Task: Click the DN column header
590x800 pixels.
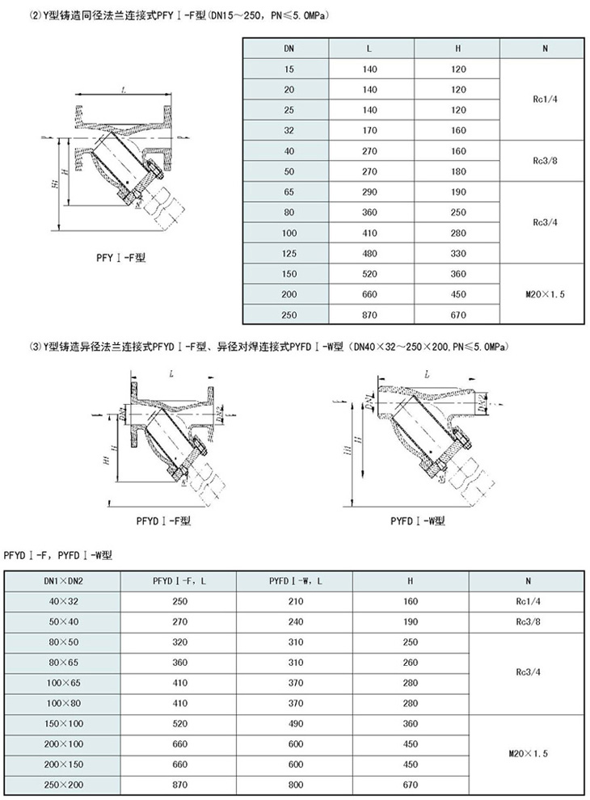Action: pos(289,49)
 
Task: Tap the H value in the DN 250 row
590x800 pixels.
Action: pos(458,314)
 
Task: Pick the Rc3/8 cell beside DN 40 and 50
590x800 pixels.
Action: pos(545,161)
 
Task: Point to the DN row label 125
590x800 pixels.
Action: pos(289,253)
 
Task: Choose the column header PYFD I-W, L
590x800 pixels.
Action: pos(296,580)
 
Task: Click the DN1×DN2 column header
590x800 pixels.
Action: pos(63,580)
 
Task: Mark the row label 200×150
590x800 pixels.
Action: pos(63,764)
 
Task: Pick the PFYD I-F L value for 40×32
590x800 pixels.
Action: pos(179,601)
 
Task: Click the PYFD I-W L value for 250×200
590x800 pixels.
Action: pos(296,784)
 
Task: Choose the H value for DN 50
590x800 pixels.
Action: pos(458,171)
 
